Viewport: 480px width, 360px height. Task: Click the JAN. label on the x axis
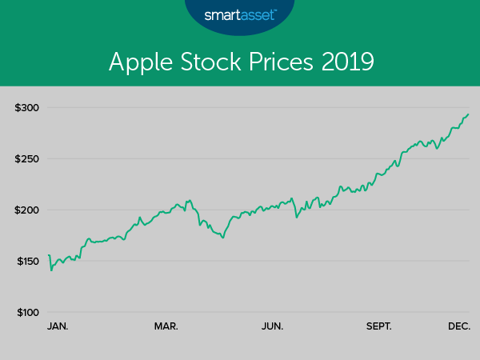coord(58,326)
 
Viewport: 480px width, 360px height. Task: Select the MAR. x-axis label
coord(166,326)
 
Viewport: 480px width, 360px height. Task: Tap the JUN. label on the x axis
coord(273,326)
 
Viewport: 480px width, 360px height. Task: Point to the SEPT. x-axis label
coord(378,326)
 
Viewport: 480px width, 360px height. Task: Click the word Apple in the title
coord(136,62)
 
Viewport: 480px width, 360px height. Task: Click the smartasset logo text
coord(239,15)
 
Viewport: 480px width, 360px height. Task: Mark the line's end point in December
coord(469,114)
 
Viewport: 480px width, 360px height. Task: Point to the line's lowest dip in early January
coord(51,270)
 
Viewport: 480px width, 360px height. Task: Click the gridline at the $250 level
coord(256,158)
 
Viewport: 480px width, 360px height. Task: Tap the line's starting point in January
coord(49,255)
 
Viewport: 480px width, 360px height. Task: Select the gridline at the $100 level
coord(256,312)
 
